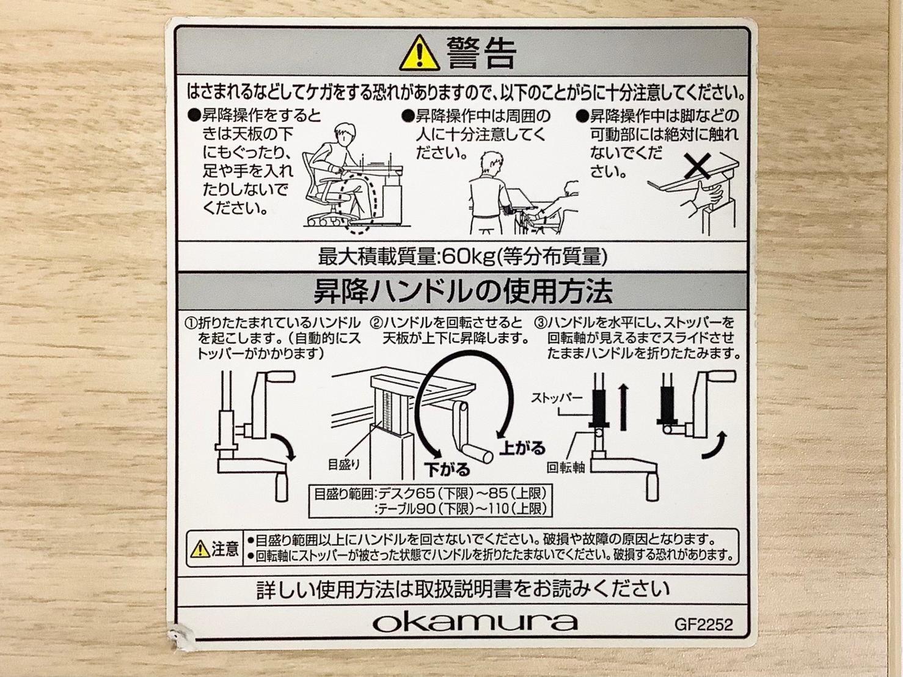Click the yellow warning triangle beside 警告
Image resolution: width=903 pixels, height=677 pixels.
point(419,54)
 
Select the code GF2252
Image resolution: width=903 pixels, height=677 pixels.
point(703,625)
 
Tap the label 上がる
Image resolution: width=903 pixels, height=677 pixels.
point(522,447)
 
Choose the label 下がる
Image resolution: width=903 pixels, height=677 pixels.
point(447,469)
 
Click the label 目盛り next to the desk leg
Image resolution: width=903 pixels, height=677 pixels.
point(344,464)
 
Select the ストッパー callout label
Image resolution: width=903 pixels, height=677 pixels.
point(557,398)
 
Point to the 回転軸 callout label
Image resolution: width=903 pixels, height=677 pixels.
point(566,467)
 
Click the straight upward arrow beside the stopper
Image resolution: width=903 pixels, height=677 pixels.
point(624,407)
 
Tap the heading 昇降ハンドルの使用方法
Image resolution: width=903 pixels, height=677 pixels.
point(463,291)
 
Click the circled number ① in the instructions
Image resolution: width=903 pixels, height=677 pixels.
point(191,323)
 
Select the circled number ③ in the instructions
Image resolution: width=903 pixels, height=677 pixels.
point(541,323)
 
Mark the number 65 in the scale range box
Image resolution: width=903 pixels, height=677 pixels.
point(425,492)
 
